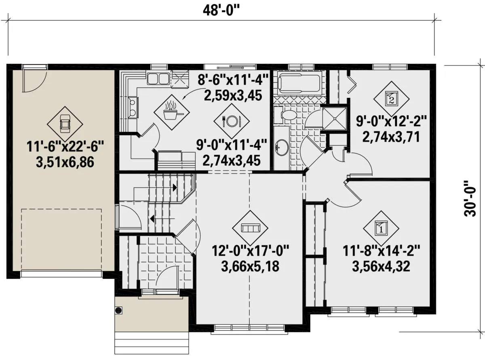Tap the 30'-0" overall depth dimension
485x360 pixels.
tap(470, 202)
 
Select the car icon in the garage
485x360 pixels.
tap(65, 124)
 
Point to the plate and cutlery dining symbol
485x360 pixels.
tap(231, 121)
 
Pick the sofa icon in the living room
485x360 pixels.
tap(250, 228)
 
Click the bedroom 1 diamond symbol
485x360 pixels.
tap(381, 228)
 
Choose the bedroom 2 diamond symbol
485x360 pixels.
tap(391, 99)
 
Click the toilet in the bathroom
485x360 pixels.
tap(285, 114)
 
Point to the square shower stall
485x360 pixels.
tap(335, 119)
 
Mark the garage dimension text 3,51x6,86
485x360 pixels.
tap(65, 162)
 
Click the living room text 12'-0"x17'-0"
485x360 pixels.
tap(250, 251)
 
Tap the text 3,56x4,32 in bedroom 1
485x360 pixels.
tap(381, 266)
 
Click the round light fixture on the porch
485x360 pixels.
tap(119, 310)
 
